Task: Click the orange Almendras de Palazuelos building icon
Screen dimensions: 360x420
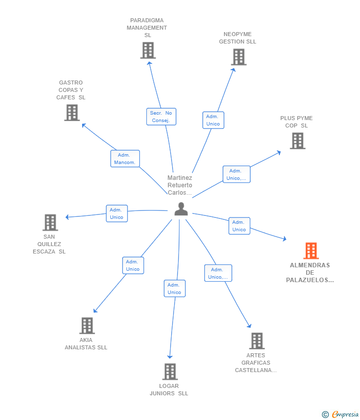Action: (311, 251)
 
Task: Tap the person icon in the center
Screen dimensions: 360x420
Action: (181, 209)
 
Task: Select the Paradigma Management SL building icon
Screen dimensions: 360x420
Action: (148, 50)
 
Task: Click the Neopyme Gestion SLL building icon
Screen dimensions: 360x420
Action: (239, 57)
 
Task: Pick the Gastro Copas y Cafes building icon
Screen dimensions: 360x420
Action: (72, 113)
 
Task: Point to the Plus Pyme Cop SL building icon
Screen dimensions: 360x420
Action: (298, 141)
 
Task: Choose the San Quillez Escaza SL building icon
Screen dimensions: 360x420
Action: (50, 222)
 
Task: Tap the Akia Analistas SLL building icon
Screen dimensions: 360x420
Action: (87, 326)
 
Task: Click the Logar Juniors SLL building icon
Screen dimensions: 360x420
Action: (170, 372)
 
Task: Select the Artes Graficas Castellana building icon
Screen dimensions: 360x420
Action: (257, 341)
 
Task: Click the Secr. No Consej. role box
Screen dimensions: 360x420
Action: (161, 117)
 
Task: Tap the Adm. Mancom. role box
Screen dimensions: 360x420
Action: (125, 159)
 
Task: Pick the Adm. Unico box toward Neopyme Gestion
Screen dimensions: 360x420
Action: (213, 120)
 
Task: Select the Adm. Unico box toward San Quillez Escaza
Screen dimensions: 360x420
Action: (117, 213)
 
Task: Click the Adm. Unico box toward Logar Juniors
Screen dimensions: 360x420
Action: (175, 289)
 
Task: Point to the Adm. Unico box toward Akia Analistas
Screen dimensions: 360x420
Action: (133, 265)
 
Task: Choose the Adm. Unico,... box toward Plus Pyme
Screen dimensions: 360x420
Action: (236, 174)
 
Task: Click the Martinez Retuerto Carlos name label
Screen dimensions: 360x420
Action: (180, 185)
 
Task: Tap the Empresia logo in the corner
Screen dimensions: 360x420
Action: (340, 415)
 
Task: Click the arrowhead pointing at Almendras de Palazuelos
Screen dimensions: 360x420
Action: (285, 238)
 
